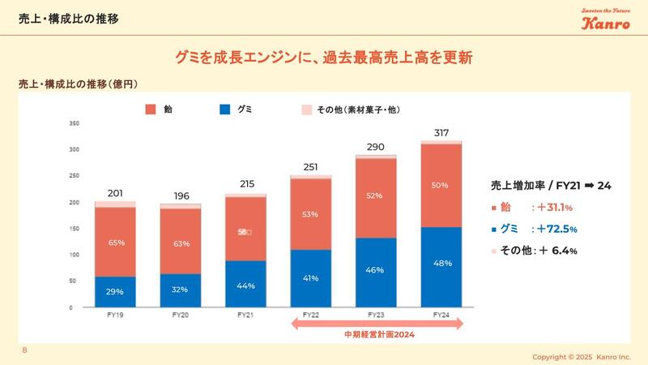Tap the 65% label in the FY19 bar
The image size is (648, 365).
(115, 243)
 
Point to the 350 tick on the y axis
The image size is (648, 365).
(74, 123)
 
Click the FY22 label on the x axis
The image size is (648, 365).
(311, 315)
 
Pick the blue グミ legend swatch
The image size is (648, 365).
(225, 109)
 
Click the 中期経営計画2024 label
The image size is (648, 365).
(376, 334)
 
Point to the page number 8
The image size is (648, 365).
(24, 350)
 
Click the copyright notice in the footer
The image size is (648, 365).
(581, 356)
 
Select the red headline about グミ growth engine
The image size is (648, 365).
(324, 58)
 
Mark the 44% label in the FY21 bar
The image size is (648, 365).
(246, 286)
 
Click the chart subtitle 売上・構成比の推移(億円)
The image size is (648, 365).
(83, 84)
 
